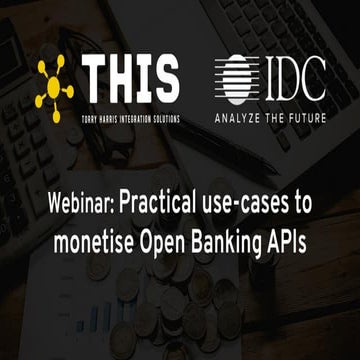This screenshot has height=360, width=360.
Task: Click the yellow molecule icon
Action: [58, 83]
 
